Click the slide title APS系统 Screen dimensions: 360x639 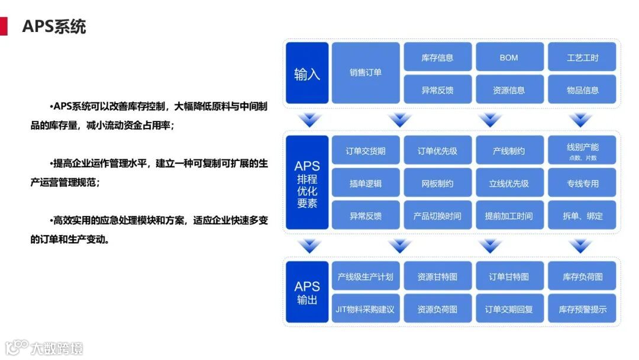click(54, 27)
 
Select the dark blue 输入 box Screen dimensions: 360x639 click(306, 73)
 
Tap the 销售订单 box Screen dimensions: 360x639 click(365, 73)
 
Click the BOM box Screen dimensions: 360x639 click(508, 57)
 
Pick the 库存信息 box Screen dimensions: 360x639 click(437, 57)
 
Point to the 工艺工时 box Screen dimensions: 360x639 click(582, 57)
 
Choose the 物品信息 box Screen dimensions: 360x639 click(582, 90)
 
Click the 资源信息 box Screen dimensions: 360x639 click(508, 90)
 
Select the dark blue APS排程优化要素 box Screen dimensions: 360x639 click(306, 182)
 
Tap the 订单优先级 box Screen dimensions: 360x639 click(437, 150)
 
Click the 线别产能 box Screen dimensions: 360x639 click(582, 150)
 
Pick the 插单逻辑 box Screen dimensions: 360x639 click(365, 183)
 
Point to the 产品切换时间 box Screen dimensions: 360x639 click(437, 216)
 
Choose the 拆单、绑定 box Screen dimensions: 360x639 click(582, 216)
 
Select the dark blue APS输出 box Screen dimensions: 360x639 click(306, 292)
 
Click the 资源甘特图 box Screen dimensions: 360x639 click(437, 277)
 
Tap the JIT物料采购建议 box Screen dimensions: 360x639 click(365, 309)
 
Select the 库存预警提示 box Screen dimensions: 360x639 click(582, 309)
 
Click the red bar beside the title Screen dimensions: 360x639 click(4, 27)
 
